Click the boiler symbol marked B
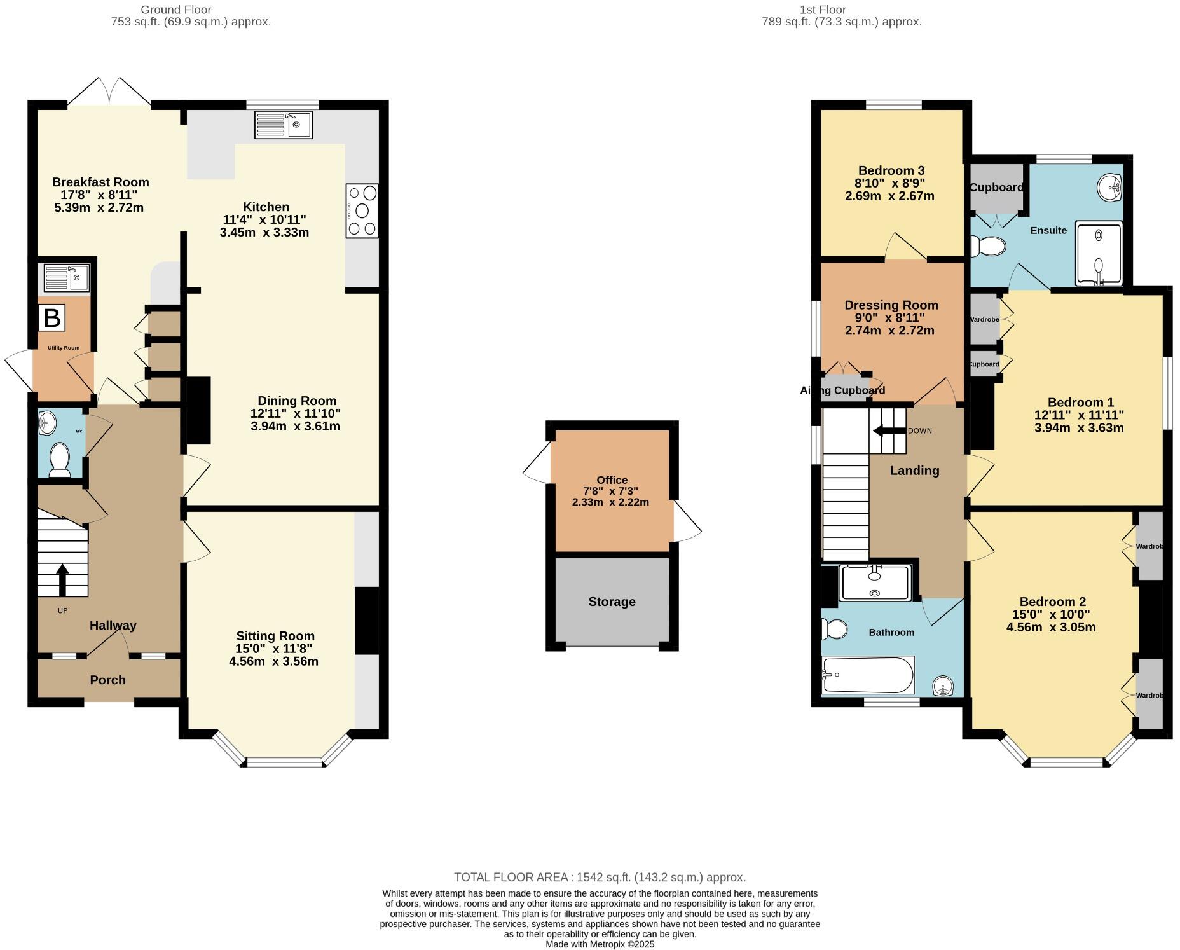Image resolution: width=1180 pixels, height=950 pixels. [52, 318]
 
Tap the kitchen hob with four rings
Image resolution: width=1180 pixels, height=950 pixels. [362, 211]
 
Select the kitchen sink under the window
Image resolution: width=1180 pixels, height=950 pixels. [284, 125]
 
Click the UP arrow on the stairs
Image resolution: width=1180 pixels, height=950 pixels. [62, 579]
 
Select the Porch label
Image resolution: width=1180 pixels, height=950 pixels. [107, 680]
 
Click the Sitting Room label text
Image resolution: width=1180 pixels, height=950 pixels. [275, 636]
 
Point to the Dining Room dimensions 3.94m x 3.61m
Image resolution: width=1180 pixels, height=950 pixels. [295, 426]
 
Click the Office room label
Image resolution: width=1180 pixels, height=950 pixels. [612, 480]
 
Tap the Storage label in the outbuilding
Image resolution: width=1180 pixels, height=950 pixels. [612, 602]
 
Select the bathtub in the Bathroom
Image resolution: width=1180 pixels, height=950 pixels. [867, 675]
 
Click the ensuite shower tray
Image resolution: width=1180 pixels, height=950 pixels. [1099, 253]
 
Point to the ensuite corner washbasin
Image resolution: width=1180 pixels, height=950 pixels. [1110, 186]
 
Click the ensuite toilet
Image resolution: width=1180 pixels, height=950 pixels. [987, 246]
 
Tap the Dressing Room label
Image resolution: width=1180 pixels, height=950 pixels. [891, 305]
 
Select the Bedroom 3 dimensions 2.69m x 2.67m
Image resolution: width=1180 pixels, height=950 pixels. [889, 196]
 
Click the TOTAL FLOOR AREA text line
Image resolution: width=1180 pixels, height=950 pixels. [600, 878]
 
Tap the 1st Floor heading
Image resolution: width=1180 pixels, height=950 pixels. [823, 10]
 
